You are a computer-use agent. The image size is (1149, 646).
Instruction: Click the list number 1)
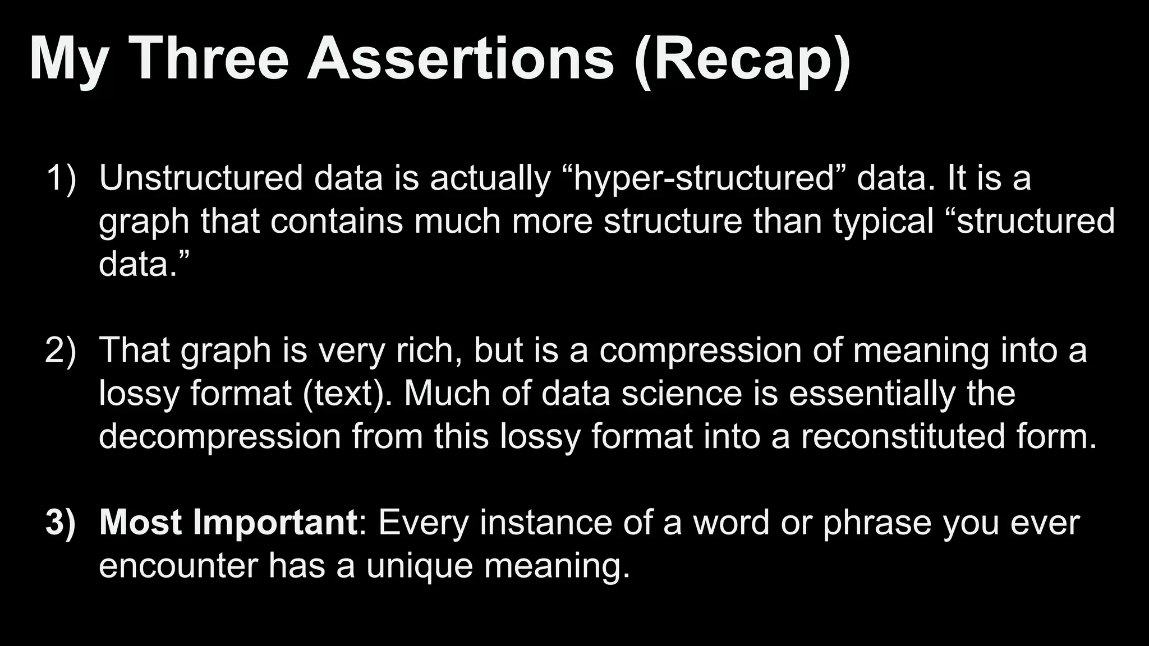tap(60, 178)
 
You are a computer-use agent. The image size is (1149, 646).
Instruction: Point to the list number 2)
tap(60, 350)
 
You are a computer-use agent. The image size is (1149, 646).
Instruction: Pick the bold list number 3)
tap(60, 523)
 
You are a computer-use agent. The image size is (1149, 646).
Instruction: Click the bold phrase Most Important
tap(228, 523)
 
